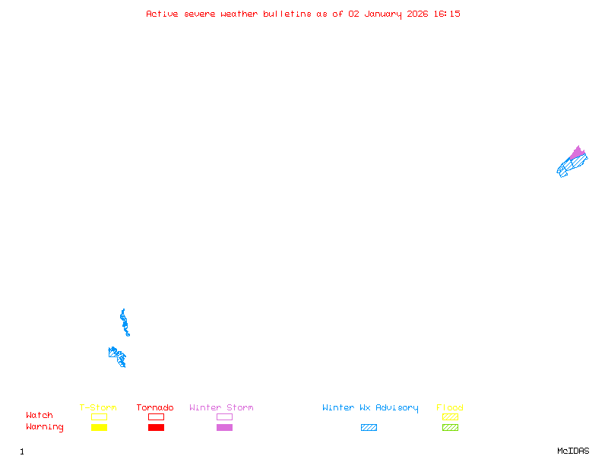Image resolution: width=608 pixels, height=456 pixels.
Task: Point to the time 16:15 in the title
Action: point(448,14)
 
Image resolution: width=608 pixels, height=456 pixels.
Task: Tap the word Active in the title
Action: point(162,14)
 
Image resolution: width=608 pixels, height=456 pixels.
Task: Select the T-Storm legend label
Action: point(98,407)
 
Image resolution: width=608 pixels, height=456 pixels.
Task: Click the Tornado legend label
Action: point(155,407)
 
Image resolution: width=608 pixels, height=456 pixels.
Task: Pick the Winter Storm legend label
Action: point(221,407)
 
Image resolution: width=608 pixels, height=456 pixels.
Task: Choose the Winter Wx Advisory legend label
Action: point(370,407)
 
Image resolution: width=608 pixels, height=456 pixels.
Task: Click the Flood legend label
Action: point(450,407)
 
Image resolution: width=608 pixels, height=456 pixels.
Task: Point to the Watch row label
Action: point(40,416)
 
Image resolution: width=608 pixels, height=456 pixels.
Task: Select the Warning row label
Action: point(45,427)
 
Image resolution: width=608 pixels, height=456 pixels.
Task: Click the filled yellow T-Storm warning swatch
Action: point(99,428)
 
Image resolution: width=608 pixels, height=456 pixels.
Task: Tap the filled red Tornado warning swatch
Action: point(156,428)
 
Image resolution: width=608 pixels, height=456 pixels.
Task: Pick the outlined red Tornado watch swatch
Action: point(156,416)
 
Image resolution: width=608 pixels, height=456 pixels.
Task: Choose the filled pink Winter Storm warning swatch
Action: point(224,428)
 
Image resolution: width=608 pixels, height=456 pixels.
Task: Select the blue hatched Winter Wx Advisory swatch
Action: point(369,428)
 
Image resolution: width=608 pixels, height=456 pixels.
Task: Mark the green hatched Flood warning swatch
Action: point(450,428)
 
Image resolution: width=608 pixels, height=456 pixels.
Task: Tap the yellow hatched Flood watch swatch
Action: point(450,416)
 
